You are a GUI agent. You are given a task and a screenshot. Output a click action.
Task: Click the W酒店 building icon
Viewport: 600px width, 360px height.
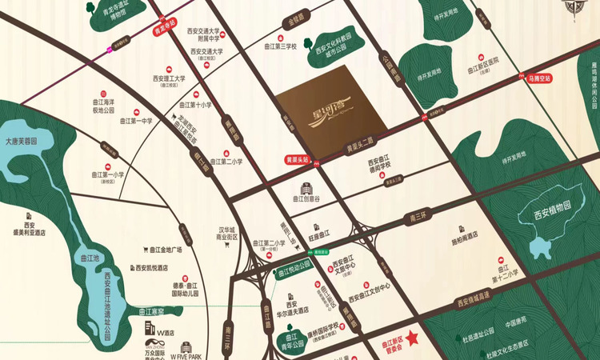click(x=150, y=327)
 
